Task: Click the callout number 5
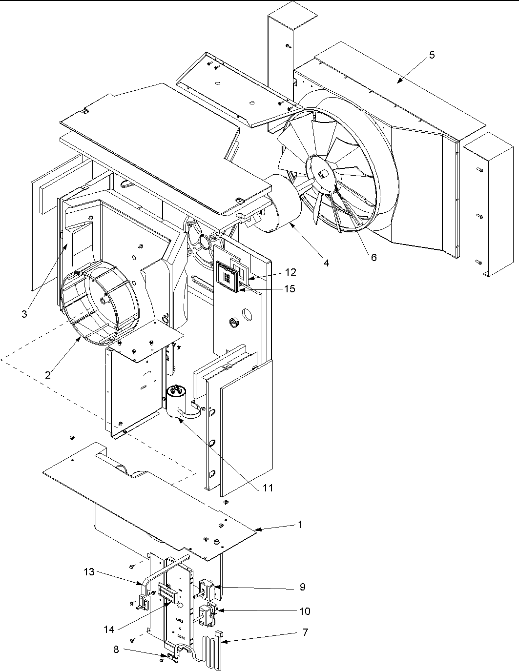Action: pyautogui.click(x=431, y=55)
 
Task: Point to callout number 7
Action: pyautogui.click(x=305, y=632)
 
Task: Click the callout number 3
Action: pyautogui.click(x=24, y=314)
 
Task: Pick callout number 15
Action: pyautogui.click(x=290, y=289)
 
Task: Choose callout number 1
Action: pyautogui.click(x=300, y=525)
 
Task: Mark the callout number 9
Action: pyautogui.click(x=302, y=587)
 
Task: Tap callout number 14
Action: pyautogui.click(x=109, y=630)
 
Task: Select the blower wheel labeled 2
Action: pyautogui.click(x=100, y=303)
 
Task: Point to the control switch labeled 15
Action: pyautogui.click(x=228, y=277)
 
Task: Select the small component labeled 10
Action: pyautogui.click(x=208, y=612)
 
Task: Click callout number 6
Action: pyautogui.click(x=374, y=257)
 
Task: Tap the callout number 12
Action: pyautogui.click(x=291, y=272)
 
